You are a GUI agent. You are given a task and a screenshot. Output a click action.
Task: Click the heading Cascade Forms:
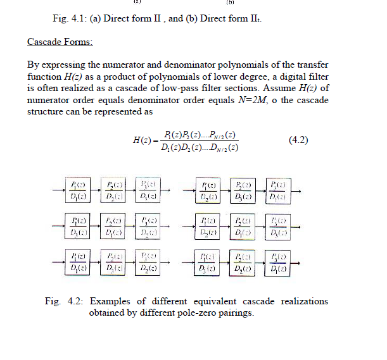point(60,42)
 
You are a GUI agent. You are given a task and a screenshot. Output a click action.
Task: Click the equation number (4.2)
point(298,140)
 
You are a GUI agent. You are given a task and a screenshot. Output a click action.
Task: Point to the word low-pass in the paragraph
point(231,87)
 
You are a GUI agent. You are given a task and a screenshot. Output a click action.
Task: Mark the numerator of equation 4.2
point(200,134)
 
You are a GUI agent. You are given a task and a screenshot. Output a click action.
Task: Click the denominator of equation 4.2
point(200,147)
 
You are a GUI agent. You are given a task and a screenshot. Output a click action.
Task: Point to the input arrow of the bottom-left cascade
point(57,261)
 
